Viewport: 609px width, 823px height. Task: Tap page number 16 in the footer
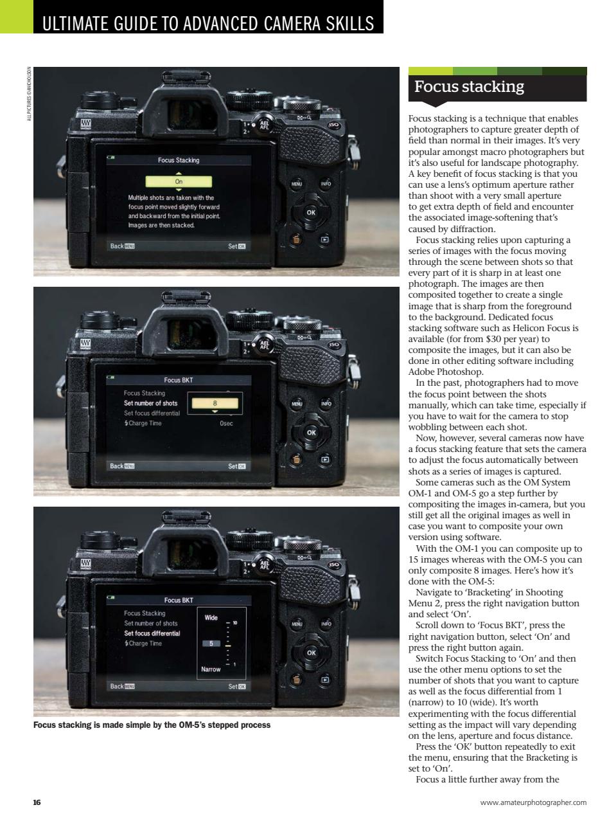37,802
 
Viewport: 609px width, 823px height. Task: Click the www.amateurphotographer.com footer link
533,802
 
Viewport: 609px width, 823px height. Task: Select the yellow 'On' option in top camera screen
179,182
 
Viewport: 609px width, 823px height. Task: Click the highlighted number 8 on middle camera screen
215,404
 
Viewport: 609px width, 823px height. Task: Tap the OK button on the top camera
311,212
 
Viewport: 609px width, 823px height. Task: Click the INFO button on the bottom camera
326,624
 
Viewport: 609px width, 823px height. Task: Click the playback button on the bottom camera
325,679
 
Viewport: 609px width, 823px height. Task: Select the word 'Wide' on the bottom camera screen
211,618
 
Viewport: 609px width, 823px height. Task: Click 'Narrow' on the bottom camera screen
211,669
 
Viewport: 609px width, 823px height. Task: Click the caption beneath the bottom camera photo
152,725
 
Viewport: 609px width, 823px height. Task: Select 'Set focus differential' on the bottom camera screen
152,633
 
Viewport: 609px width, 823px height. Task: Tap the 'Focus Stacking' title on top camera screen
179,160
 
